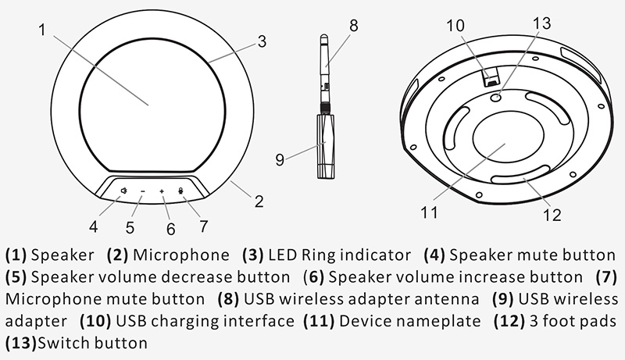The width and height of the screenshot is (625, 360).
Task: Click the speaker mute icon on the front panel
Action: pyautogui.click(x=124, y=191)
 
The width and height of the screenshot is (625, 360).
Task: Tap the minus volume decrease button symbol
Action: pyautogui.click(x=143, y=191)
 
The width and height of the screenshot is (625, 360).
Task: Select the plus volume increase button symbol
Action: pyautogui.click(x=162, y=191)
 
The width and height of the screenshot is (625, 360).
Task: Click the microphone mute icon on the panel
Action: pyautogui.click(x=181, y=191)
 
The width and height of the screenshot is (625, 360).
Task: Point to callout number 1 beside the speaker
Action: pyautogui.click(x=43, y=30)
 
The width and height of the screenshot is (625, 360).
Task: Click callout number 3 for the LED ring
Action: pyautogui.click(x=262, y=41)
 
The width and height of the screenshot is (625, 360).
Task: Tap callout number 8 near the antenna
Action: pyautogui.click(x=354, y=26)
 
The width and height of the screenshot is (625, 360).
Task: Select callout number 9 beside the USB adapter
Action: pyautogui.click(x=280, y=159)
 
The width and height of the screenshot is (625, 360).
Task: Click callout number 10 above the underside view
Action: pyautogui.click(x=455, y=26)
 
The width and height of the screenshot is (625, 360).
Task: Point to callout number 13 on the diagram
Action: pyautogui.click(x=541, y=23)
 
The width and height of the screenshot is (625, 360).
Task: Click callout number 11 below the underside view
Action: pyautogui.click(x=429, y=212)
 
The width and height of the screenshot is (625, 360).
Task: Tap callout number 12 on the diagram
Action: pyautogui.click(x=552, y=215)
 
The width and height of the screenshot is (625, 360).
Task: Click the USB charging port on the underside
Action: pyautogui.click(x=492, y=77)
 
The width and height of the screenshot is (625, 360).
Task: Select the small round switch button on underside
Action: pyautogui.click(x=496, y=97)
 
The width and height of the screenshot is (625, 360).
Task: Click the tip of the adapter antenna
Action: pyautogui.click(x=324, y=35)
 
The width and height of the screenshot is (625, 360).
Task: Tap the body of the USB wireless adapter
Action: pyautogui.click(x=326, y=146)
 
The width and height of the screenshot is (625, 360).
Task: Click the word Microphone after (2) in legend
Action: pyautogui.click(x=181, y=255)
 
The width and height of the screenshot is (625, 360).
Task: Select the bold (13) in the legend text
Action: pyautogui.click(x=21, y=343)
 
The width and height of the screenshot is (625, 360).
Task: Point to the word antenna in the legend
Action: pyautogui.click(x=447, y=299)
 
